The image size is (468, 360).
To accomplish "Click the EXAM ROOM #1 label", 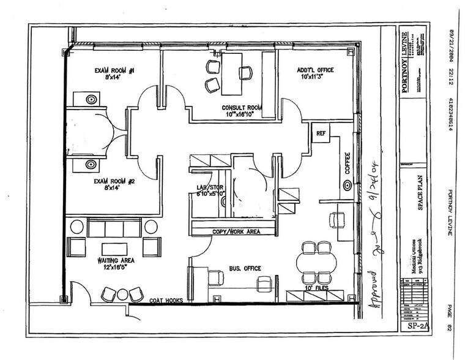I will click(x=114, y=71).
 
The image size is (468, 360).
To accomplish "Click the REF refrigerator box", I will click(x=320, y=133).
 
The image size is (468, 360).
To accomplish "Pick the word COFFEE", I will click(x=347, y=163).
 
